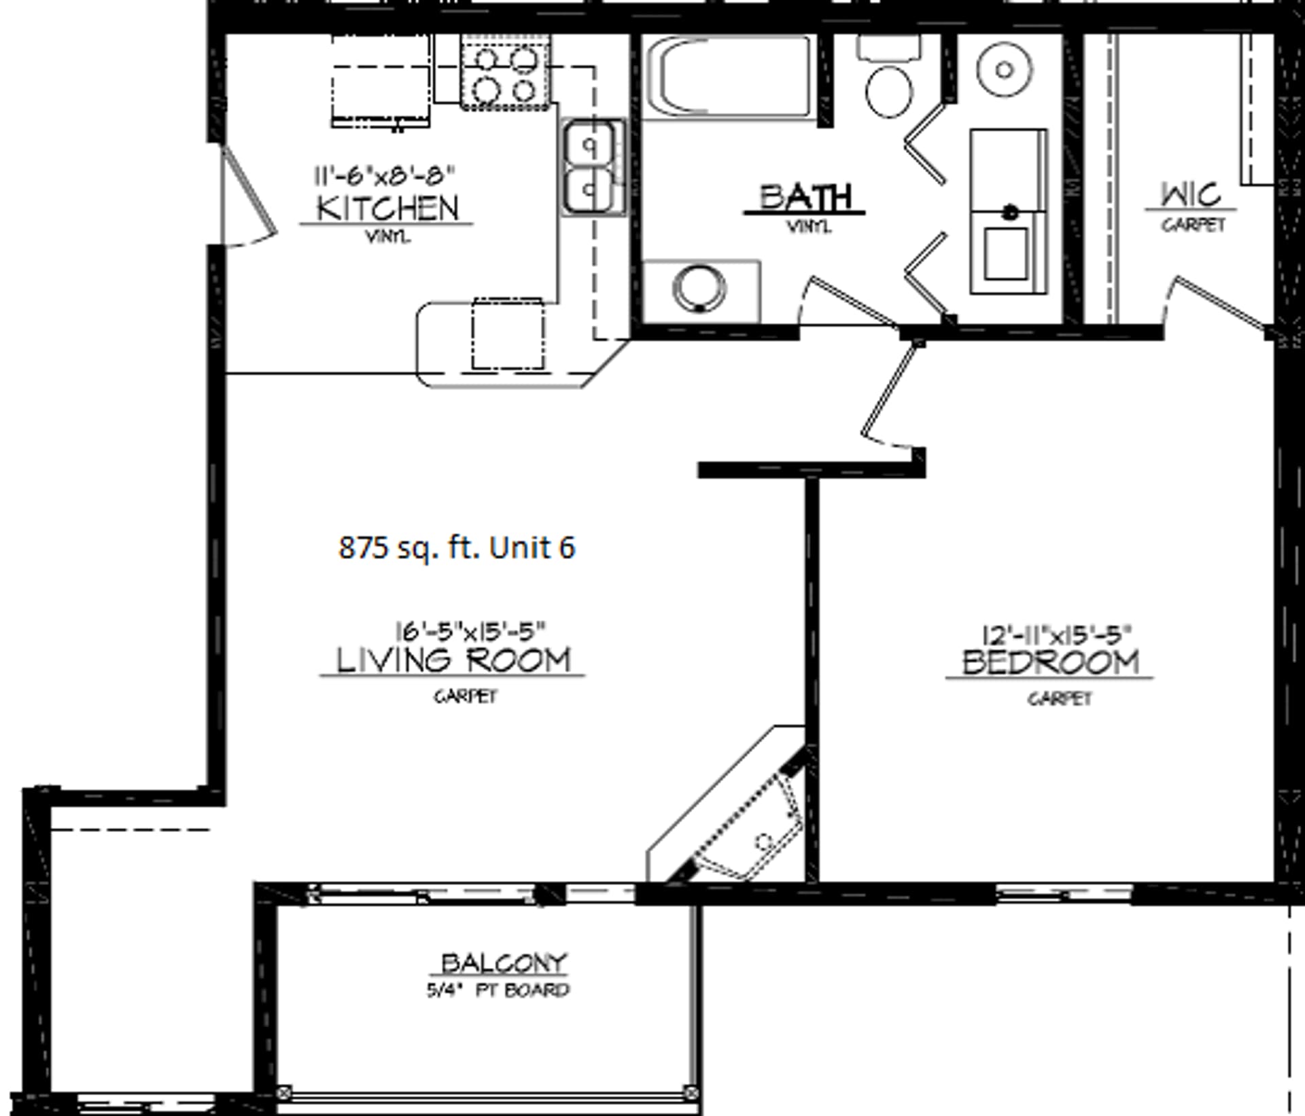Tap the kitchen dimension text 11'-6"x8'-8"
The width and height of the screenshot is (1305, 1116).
pos(383,176)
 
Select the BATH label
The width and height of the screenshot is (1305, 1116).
pos(805,198)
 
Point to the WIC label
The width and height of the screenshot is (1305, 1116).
pos(1191,195)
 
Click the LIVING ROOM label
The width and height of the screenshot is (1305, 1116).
pos(453,660)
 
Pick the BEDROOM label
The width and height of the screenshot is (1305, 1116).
pos(1051,662)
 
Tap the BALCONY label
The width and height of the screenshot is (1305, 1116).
pos(504,963)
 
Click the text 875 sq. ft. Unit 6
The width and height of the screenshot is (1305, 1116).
pos(457,547)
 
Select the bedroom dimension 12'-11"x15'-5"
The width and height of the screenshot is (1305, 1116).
pos(1058,635)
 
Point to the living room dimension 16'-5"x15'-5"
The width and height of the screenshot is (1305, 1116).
pos(471,631)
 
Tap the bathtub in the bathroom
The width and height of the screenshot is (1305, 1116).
pos(728,76)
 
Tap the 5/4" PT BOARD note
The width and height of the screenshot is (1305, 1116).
pos(498,990)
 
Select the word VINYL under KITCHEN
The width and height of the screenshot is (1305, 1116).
pos(388,237)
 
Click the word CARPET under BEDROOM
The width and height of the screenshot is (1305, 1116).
pos(1059,698)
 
